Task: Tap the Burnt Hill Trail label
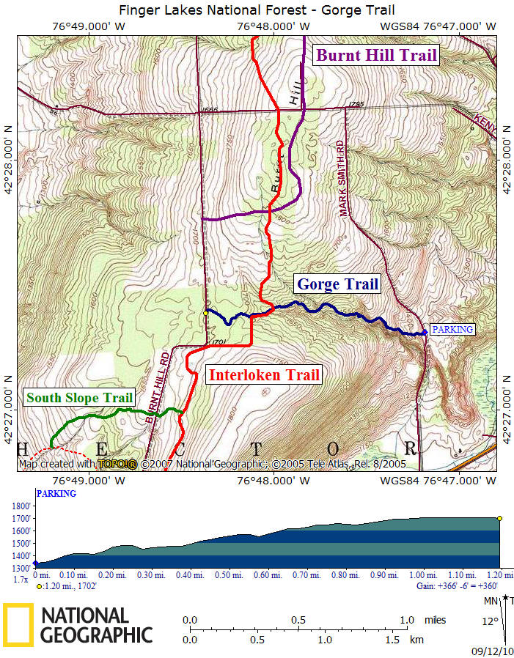pyautogui.click(x=375, y=55)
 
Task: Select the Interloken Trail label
pyautogui.click(x=265, y=375)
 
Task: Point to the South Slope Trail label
pyautogui.click(x=80, y=398)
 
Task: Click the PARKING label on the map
pyautogui.click(x=452, y=330)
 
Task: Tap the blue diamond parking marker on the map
pyautogui.click(x=425, y=333)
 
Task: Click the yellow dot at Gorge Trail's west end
pyautogui.click(x=205, y=313)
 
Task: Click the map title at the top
pyautogui.click(x=257, y=10)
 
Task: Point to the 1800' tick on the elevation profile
pyautogui.click(x=21, y=506)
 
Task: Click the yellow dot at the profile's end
pyautogui.click(x=500, y=518)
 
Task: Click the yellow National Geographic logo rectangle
pyautogui.click(x=17, y=624)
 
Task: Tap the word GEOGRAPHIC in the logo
pyautogui.click(x=97, y=634)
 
